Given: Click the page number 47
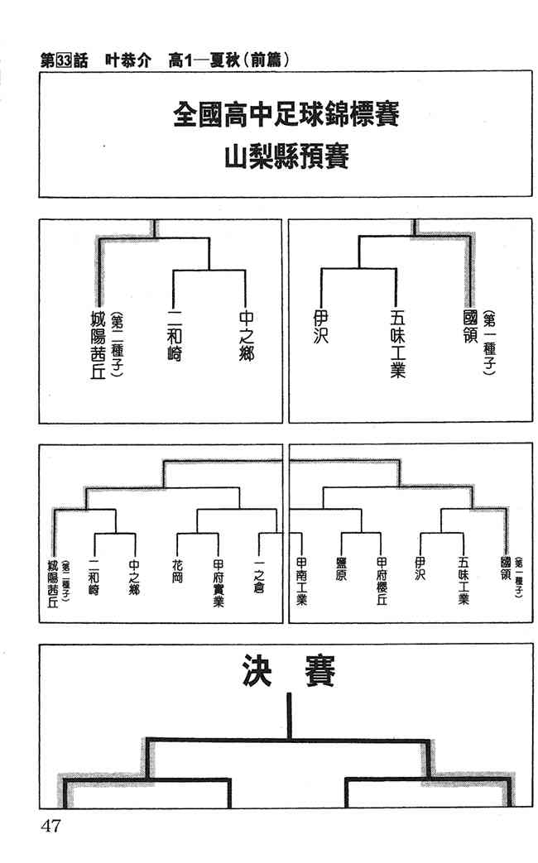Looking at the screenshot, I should pyautogui.click(x=51, y=827).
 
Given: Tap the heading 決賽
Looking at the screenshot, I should pyautogui.click(x=289, y=673).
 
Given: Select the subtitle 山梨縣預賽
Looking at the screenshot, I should pyautogui.click(x=286, y=156).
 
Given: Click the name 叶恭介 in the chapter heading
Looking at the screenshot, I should pyautogui.click(x=128, y=60).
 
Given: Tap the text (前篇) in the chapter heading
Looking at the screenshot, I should pyautogui.click(x=267, y=60).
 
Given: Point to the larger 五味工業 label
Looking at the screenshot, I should pyautogui.click(x=396, y=343).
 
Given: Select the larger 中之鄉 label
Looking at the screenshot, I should pyautogui.click(x=246, y=338).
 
